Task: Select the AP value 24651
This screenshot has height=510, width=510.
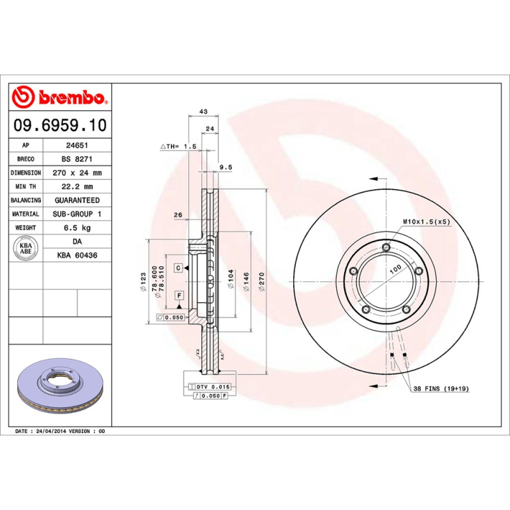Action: pyautogui.click(x=77, y=145)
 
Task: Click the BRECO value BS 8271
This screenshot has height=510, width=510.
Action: pyautogui.click(x=77, y=159)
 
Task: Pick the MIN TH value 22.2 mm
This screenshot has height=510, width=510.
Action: pyautogui.click(x=77, y=187)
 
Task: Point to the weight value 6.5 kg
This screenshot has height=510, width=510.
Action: pyautogui.click(x=77, y=228)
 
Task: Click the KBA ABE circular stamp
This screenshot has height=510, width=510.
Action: pyautogui.click(x=26, y=245)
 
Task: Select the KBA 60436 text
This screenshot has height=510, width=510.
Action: pyautogui.click(x=77, y=255)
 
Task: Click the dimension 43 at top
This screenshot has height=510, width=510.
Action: pyautogui.click(x=203, y=112)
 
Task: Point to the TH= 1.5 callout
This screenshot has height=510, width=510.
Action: pyautogui.click(x=178, y=147)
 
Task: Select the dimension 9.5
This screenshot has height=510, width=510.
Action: pyautogui.click(x=225, y=168)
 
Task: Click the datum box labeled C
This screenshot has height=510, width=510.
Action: pyautogui.click(x=179, y=267)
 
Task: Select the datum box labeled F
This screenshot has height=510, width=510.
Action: pyautogui.click(x=179, y=295)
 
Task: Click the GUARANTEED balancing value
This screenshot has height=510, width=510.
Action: pyautogui.click(x=77, y=200)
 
